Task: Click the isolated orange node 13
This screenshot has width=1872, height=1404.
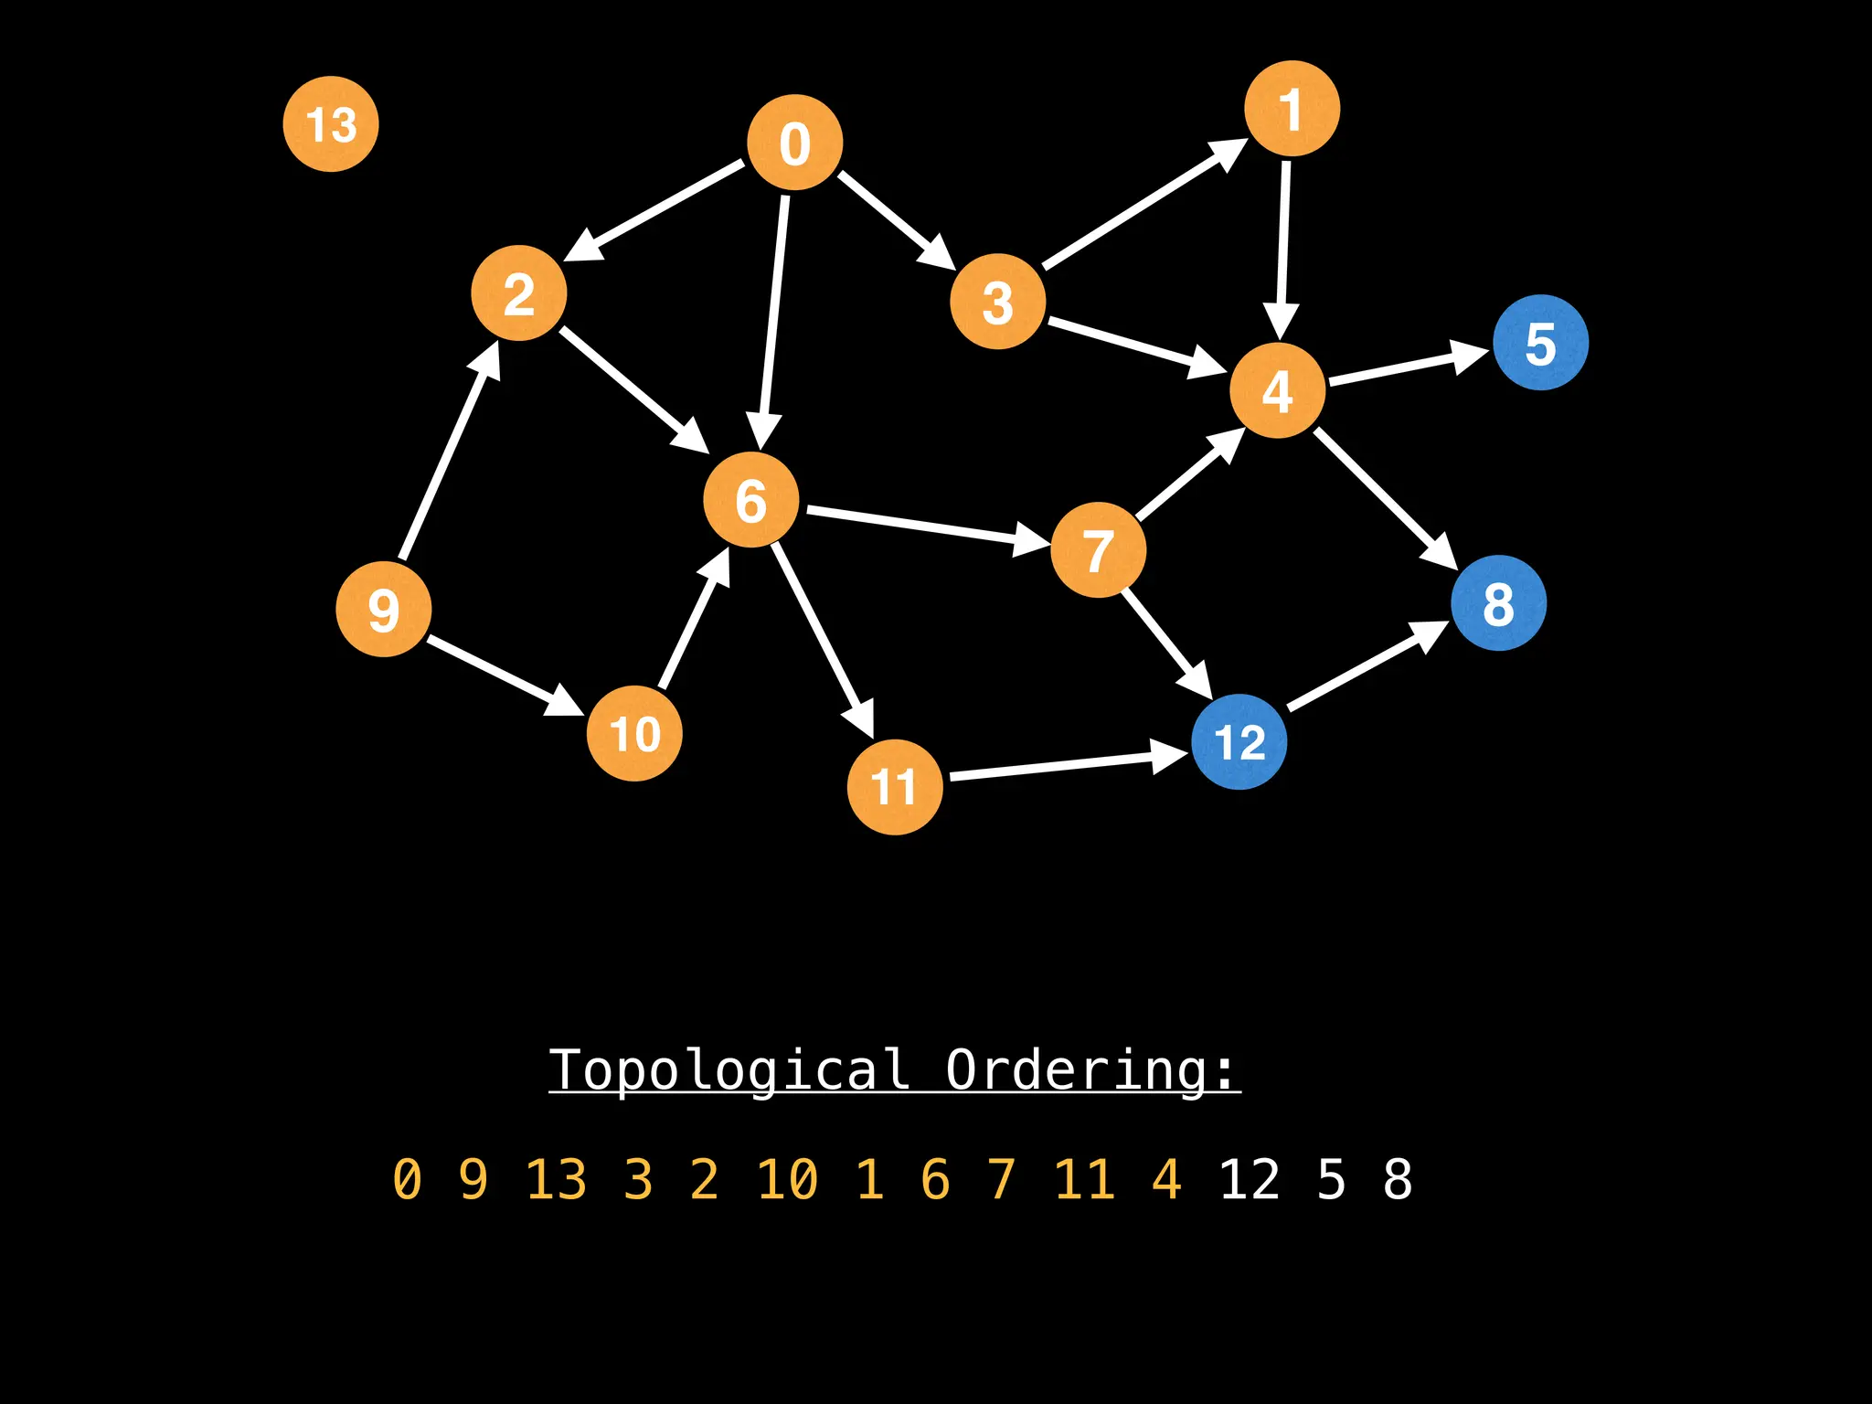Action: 331,124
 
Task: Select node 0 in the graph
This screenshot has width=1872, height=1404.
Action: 794,143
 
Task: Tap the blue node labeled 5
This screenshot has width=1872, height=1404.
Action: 1540,343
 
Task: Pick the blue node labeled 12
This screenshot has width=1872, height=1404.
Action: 1239,741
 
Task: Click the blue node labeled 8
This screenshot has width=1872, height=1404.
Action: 1498,603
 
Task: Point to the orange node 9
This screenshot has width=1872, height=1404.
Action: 384,610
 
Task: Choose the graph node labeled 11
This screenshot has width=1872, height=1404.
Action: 895,787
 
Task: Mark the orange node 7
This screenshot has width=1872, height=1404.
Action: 1098,550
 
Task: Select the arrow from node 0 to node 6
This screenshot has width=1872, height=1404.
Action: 773,320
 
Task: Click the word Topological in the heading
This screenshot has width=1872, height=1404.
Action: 729,1069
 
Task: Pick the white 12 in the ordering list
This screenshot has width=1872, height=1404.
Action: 1250,1179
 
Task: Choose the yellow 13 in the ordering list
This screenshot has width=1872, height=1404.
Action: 556,1179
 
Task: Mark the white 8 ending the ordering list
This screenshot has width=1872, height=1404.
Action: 1398,1179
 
